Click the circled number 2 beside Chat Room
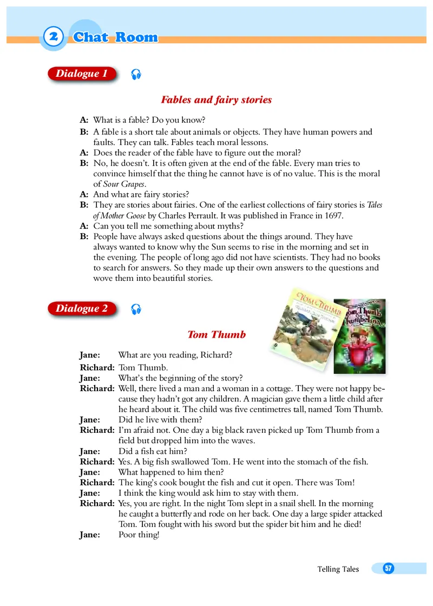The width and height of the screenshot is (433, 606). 53,37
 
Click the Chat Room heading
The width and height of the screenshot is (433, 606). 115,37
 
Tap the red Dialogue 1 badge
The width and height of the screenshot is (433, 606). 82,74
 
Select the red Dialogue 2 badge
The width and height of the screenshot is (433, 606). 82,309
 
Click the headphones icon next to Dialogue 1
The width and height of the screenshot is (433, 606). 136,75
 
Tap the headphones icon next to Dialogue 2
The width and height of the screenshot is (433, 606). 136,309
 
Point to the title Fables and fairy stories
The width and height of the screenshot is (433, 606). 216,100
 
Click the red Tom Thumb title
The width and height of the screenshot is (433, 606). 216,334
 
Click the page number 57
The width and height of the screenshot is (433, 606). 388,568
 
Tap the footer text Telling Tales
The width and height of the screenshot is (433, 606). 338,569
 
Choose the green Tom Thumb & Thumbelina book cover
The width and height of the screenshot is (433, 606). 359,335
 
